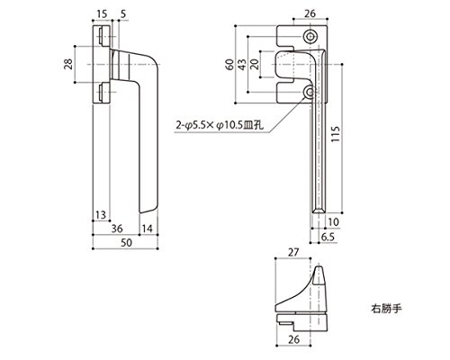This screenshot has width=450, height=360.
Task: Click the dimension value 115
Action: [336, 134]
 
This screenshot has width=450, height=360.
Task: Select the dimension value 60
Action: [230, 65]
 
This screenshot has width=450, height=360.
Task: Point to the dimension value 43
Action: [242, 64]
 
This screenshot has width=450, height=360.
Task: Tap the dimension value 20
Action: [255, 64]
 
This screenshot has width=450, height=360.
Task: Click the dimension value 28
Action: [68, 64]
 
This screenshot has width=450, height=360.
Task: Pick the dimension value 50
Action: [126, 242]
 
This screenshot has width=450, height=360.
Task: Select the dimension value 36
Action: [117, 229]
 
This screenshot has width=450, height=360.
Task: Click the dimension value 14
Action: [148, 229]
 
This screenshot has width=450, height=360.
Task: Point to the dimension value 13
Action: [101, 215]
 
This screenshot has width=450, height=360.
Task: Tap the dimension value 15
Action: [102, 14]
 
